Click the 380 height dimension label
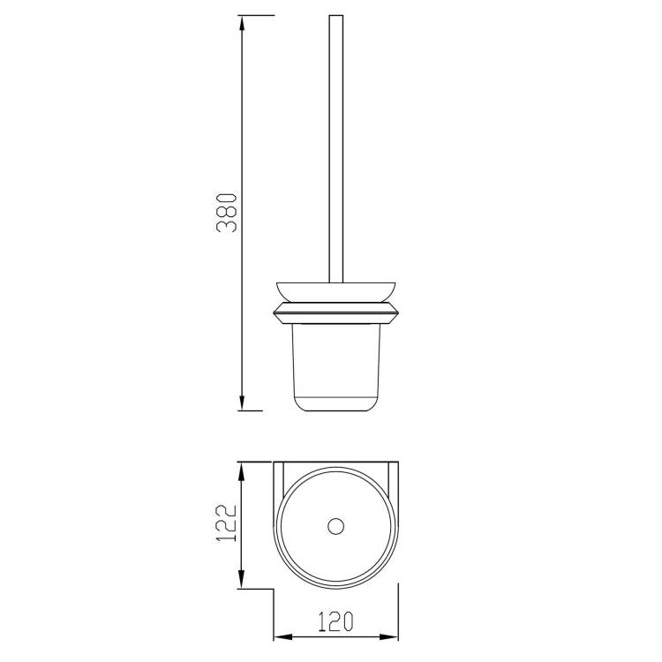click(226, 214)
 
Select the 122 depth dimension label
click(225, 523)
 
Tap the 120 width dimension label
click(335, 621)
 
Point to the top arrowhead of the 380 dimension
click(242, 23)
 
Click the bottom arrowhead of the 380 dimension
click(242, 402)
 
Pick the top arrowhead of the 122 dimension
click(242, 470)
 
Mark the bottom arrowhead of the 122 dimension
click(242, 581)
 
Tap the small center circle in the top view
click(335, 526)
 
